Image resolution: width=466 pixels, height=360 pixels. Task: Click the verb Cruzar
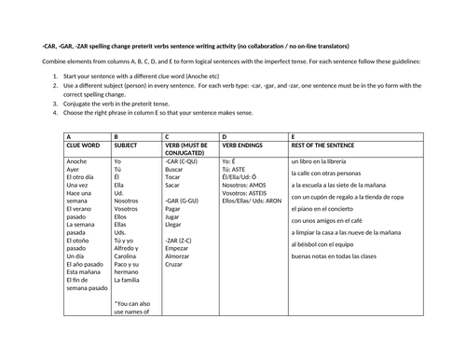[174, 278]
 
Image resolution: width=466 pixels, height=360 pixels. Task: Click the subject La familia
[127, 279]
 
